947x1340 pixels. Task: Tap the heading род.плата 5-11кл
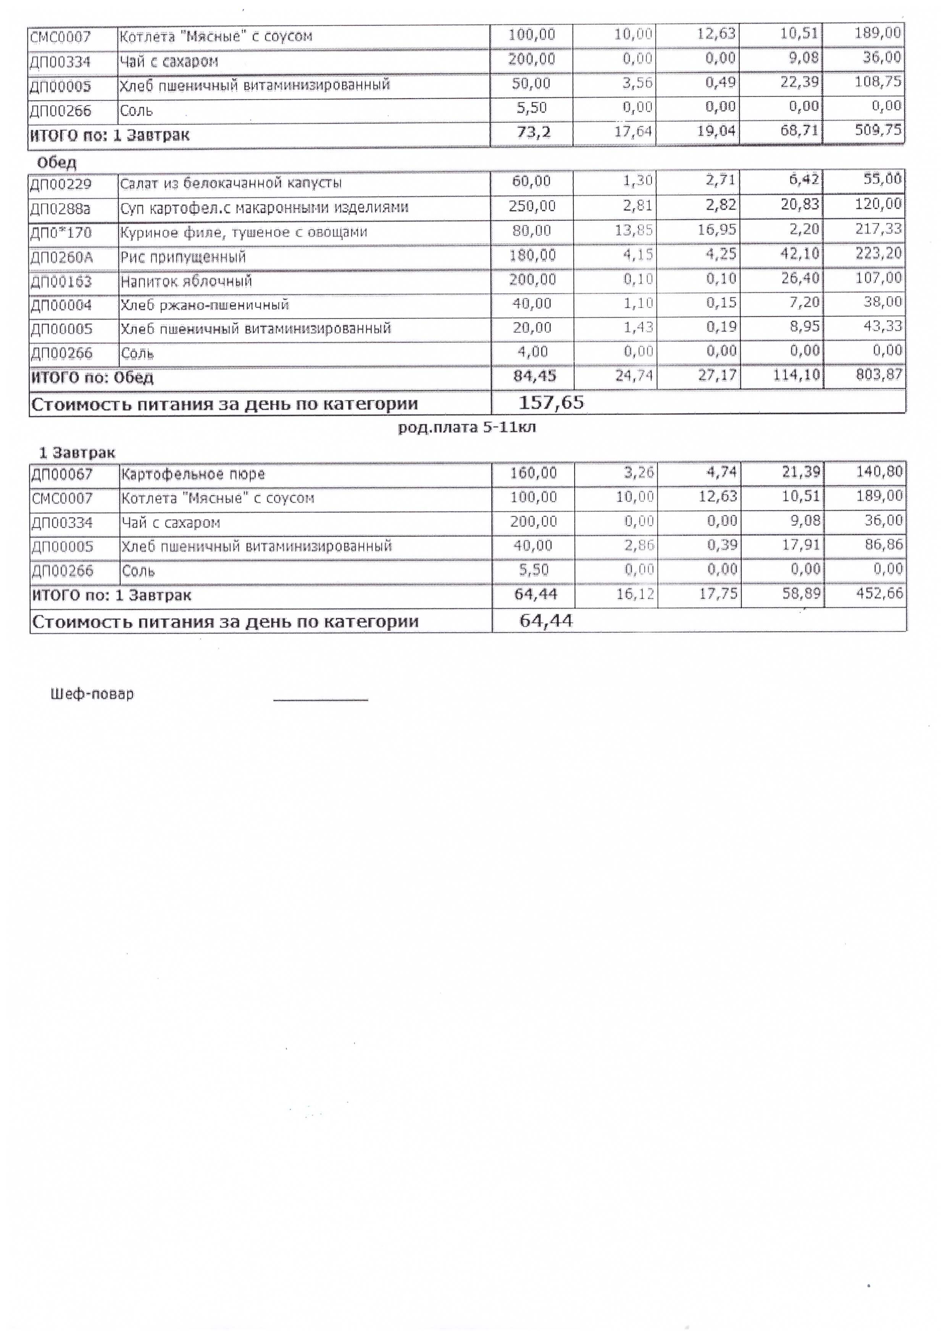pyautogui.click(x=466, y=428)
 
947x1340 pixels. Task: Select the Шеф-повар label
pyautogui.click(x=92, y=694)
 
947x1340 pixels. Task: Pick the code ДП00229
pyautogui.click(x=61, y=184)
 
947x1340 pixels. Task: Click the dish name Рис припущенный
pyautogui.click(x=183, y=257)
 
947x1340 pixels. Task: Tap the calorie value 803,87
pyautogui.click(x=879, y=374)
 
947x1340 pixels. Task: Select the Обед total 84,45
pyautogui.click(x=534, y=376)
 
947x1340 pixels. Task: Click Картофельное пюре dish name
pyautogui.click(x=193, y=474)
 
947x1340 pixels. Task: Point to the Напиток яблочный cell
pyautogui.click(x=186, y=281)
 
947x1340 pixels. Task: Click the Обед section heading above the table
pyautogui.click(x=56, y=162)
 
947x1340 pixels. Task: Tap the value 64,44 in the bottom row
pyautogui.click(x=546, y=620)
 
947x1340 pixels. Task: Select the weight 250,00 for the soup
pyautogui.click(x=532, y=206)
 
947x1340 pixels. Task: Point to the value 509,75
pyautogui.click(x=878, y=130)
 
